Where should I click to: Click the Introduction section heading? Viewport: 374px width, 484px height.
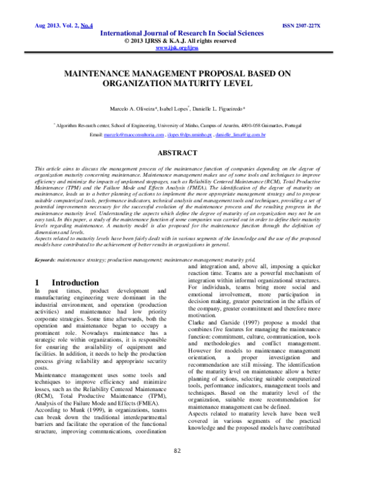pyautogui.click(x=67, y=283)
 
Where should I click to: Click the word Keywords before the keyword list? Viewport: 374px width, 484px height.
pyautogui.click(x=46, y=259)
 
